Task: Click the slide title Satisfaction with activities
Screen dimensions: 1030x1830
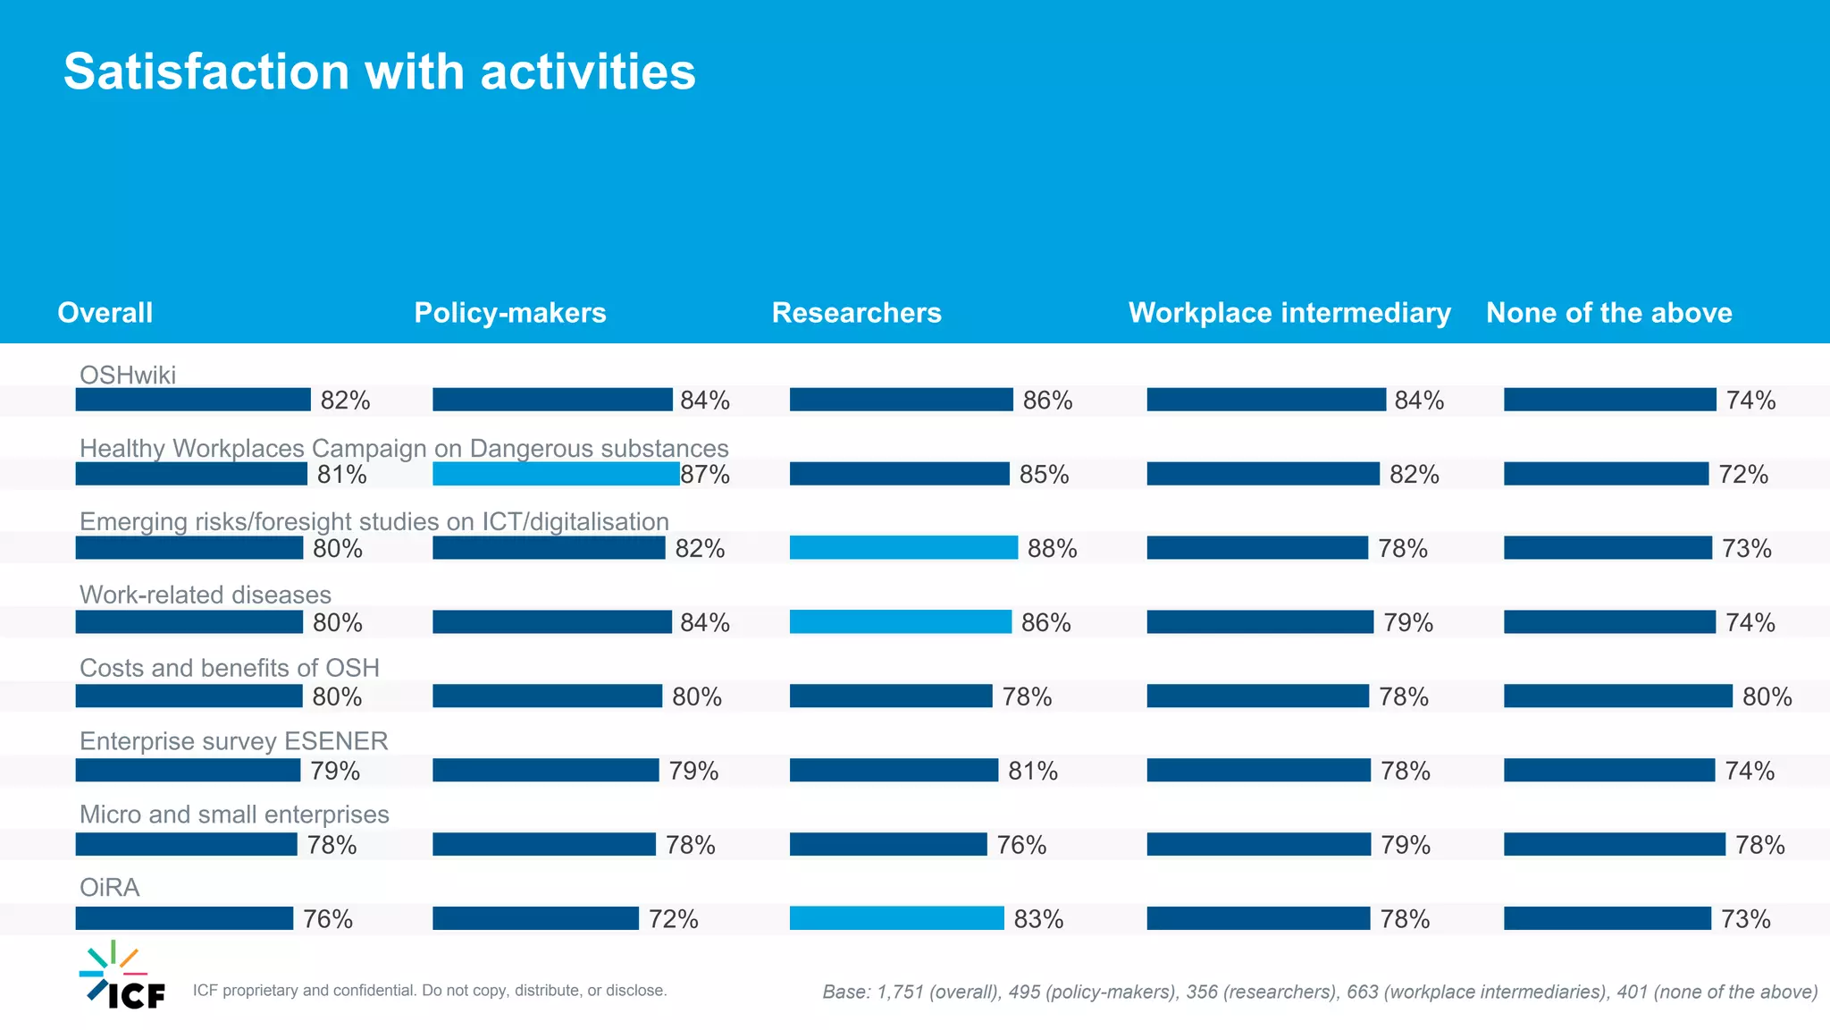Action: (x=379, y=72)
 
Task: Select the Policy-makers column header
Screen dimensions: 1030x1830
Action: (x=510, y=313)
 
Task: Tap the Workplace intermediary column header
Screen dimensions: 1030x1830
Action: (x=1289, y=313)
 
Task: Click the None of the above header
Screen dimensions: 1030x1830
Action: (x=1608, y=313)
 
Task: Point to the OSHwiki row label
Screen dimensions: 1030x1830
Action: (x=128, y=375)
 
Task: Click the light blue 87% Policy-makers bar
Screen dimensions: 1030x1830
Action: (x=556, y=474)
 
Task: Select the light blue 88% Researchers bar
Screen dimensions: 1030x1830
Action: (x=903, y=548)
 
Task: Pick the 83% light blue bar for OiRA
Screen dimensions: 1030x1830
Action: (x=896, y=918)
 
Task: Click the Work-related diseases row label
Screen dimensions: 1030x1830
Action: (x=206, y=595)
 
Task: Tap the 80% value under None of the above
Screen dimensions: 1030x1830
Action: (x=1767, y=697)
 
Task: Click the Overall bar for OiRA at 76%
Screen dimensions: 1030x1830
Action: (x=184, y=918)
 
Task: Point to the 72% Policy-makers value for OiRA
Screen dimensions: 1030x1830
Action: (x=673, y=919)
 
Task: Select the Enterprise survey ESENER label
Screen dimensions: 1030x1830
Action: (x=234, y=741)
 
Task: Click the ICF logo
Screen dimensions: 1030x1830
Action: (x=122, y=976)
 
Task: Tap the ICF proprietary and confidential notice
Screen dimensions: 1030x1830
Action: (x=430, y=991)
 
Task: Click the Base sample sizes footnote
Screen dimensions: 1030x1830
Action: (x=1320, y=992)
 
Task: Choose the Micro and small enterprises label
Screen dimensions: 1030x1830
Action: (x=234, y=815)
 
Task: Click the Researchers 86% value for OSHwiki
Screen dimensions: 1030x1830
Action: (x=1047, y=401)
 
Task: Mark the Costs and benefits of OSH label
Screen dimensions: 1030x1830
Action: (x=230, y=668)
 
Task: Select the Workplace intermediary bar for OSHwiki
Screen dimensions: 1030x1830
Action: (x=1266, y=400)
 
